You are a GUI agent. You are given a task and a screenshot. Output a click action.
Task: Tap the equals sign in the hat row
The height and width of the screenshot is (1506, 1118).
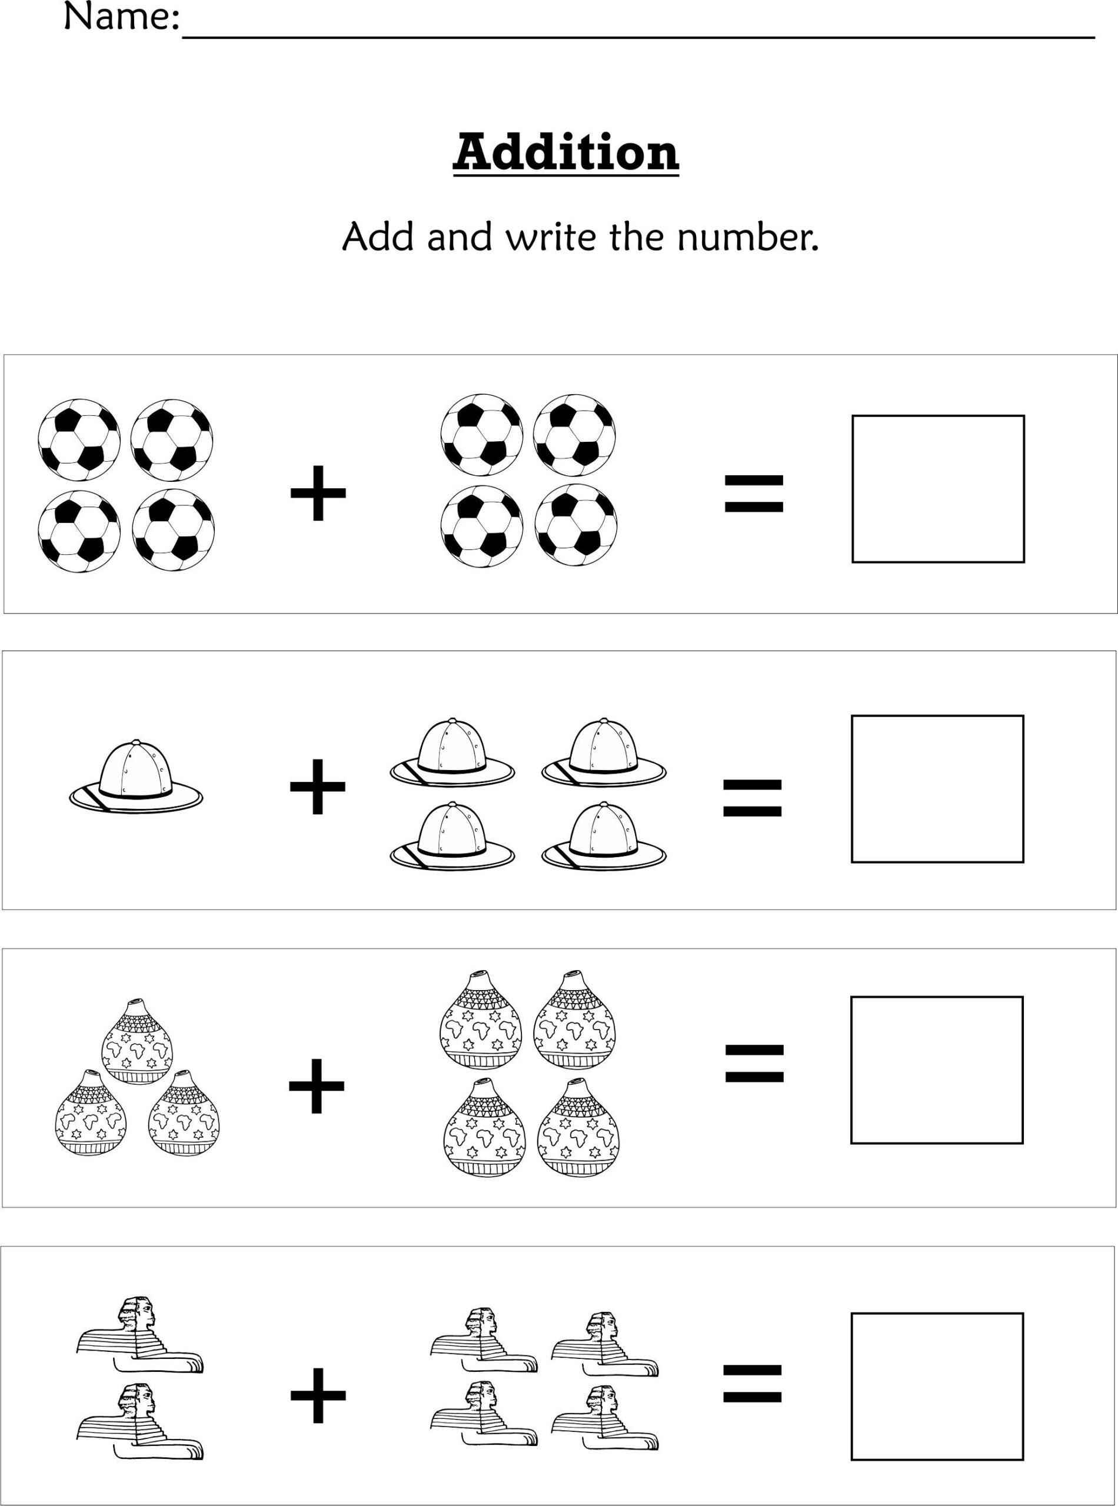[752, 798]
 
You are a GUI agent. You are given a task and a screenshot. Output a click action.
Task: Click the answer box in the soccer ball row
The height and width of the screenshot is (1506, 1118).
[937, 488]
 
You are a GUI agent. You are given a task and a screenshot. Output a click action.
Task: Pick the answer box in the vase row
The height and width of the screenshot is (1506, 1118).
[936, 1069]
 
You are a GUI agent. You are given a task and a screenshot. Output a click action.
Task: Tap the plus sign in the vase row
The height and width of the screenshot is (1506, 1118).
[317, 1085]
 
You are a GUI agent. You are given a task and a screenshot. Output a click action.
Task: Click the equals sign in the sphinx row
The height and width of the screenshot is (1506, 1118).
[752, 1384]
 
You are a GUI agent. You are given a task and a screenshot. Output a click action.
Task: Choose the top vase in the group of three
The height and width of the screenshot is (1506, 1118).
[137, 1041]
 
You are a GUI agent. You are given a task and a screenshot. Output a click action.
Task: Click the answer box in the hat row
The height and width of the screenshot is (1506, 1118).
[937, 789]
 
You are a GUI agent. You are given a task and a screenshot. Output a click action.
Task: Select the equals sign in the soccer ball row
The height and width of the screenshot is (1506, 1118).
[753, 493]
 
